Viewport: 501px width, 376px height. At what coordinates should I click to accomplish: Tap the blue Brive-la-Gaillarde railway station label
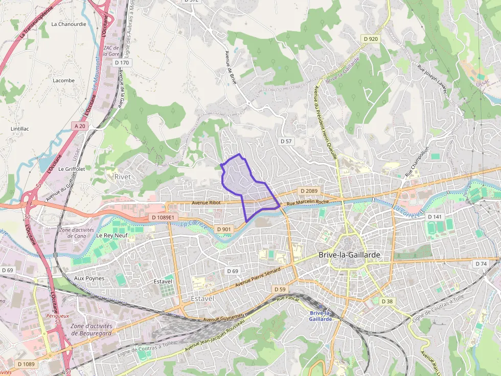click(x=321, y=316)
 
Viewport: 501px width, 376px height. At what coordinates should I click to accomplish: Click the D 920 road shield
click(x=371, y=39)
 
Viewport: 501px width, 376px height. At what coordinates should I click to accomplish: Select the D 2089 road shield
click(x=309, y=191)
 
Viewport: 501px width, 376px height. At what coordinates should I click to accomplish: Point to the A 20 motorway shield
click(x=79, y=126)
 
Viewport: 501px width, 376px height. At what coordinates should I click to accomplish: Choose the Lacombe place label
click(x=63, y=81)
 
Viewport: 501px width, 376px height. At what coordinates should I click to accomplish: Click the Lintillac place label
click(x=20, y=129)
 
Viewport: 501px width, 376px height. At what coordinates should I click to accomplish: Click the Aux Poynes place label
click(x=89, y=279)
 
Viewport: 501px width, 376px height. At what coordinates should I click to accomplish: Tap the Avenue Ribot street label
click(x=206, y=203)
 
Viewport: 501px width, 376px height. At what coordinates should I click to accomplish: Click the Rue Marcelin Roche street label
click(x=308, y=203)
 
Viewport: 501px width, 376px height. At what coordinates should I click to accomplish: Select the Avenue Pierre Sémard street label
click(x=258, y=277)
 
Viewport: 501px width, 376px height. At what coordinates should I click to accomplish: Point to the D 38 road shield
click(x=387, y=302)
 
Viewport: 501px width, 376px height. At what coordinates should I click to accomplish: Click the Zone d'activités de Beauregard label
click(x=92, y=330)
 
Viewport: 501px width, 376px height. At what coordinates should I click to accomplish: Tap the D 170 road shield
click(x=122, y=63)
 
